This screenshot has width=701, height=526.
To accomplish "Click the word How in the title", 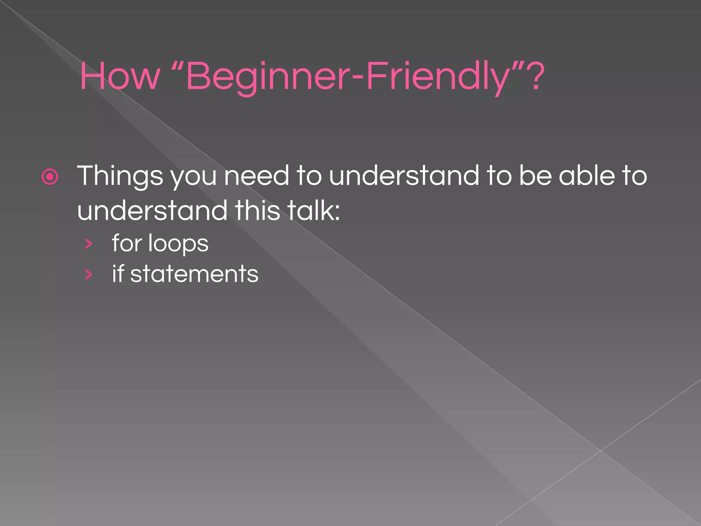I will (x=120, y=76).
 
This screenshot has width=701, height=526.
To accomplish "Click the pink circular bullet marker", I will (x=50, y=177).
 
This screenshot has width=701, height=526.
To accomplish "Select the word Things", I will (x=120, y=176).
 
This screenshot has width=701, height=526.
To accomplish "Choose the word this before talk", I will (x=257, y=210).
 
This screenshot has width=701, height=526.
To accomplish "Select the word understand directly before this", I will (x=152, y=210).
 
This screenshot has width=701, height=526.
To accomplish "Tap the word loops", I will (x=178, y=244).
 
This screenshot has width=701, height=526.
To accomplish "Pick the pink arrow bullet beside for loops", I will (x=89, y=244).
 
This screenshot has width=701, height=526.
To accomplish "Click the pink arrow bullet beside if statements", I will (x=89, y=274).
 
